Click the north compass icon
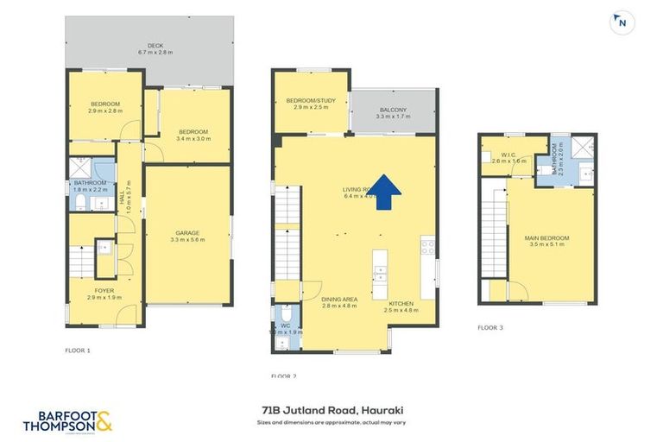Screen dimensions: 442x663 tap(620, 24)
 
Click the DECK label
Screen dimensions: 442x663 tap(155, 46)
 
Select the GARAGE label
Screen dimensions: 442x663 tap(187, 232)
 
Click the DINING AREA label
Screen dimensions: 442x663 tap(315, 300)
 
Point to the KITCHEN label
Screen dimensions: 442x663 tap(401, 303)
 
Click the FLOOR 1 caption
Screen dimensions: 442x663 tap(77, 350)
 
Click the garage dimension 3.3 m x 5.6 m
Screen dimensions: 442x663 tap(187, 240)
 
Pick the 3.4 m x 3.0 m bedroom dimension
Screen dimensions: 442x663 tap(193, 138)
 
